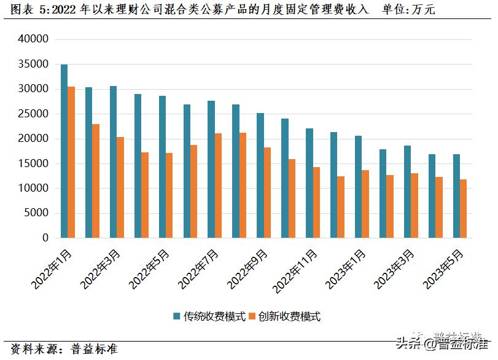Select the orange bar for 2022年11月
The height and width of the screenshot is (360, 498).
[x=316, y=202]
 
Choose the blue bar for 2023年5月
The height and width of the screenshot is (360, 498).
[x=456, y=196]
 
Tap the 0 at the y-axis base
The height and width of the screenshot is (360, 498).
[x=45, y=238]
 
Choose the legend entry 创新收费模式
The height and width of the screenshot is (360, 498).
[x=289, y=316]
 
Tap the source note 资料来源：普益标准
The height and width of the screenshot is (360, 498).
[x=64, y=349]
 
